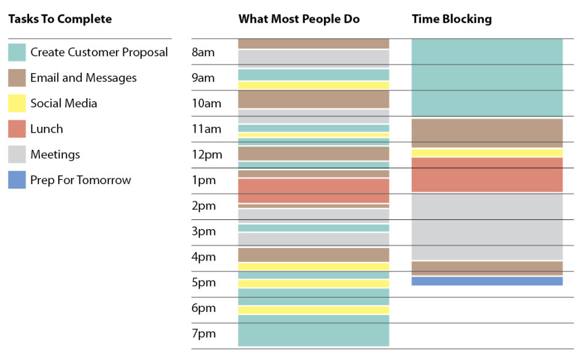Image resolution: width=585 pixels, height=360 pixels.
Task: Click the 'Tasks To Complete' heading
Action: point(60,19)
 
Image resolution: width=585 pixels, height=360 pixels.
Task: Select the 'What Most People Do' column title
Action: point(299,19)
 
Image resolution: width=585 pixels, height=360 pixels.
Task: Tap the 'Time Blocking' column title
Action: point(451,19)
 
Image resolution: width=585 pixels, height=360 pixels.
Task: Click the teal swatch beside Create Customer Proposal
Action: point(17,53)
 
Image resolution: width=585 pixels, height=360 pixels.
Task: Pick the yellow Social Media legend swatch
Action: point(17,103)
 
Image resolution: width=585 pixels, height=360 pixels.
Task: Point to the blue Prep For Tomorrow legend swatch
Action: point(17,180)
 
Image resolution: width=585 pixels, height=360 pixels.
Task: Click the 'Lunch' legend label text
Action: point(46,129)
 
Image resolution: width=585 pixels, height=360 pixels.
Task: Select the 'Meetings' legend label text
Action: point(55,154)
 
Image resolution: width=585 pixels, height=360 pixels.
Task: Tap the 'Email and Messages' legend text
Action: point(83,78)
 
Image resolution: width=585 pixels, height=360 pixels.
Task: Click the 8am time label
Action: point(203,53)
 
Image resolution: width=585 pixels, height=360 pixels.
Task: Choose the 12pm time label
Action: point(206,155)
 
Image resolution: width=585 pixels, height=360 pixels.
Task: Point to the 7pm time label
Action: point(203,334)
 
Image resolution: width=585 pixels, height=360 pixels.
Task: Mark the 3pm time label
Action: point(203,231)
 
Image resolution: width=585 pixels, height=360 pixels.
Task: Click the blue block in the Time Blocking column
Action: point(487,281)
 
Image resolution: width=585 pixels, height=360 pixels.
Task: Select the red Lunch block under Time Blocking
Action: point(487,174)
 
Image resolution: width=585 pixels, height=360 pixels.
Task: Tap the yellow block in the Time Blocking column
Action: point(487,153)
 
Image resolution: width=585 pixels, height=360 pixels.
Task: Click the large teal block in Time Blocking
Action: point(487,78)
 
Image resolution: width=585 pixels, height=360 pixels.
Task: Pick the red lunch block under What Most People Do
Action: point(313,190)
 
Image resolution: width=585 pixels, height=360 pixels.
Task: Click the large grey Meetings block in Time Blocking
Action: point(487,226)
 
